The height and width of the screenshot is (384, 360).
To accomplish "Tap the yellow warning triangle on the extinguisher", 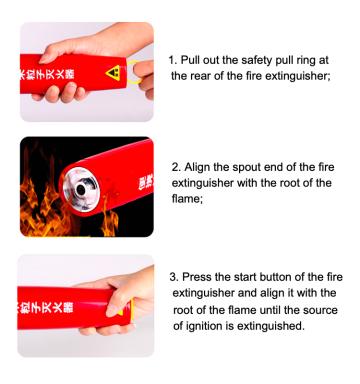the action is tap(113, 73).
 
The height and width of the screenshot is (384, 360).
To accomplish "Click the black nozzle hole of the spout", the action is tap(81, 190).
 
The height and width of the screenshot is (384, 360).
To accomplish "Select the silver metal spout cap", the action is tap(81, 189).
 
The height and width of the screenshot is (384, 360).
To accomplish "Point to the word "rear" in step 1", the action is tap(200, 76).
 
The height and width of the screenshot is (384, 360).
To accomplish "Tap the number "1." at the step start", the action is tap(173, 60).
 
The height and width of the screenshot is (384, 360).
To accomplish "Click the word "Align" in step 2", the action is tap(197, 167).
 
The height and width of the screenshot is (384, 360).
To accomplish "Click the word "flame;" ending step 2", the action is tap(187, 199).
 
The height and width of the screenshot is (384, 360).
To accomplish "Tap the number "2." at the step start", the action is tap(176, 167).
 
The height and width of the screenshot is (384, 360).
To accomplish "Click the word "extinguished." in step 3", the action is tap(271, 326).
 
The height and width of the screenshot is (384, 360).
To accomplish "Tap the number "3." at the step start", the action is tap(174, 277).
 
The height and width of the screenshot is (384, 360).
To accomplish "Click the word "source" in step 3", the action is tap(320, 310).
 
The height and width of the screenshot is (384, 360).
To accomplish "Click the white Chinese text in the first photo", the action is tap(47, 74).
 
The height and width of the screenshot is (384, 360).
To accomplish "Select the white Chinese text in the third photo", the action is tap(46, 307).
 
